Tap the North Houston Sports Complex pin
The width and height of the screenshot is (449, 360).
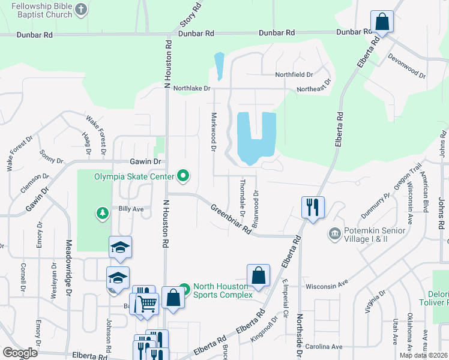pos(185,289)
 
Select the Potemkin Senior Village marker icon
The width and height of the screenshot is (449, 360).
pos(333,232)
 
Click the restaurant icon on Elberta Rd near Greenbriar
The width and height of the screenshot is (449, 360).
pos(313,208)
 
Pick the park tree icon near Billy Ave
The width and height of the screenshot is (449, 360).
pos(103,212)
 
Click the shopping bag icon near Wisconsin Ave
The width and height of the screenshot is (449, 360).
pos(258,276)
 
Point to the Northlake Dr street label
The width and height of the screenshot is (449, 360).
pos(192,88)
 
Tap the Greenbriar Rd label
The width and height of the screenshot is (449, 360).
pos(231,219)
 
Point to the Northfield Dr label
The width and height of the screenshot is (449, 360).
pos(294,74)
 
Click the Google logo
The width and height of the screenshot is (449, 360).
pos(20,352)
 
